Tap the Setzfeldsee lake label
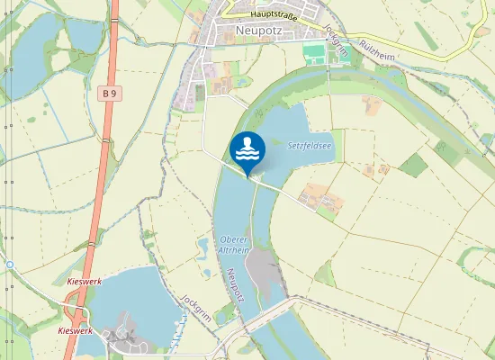click(x=310, y=145)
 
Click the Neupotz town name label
click(x=258, y=31)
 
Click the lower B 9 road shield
click(x=111, y=335)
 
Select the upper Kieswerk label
click(x=85, y=282)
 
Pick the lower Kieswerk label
click(x=75, y=331)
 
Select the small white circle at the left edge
click(x=9, y=265)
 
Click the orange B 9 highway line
click(x=102, y=180)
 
